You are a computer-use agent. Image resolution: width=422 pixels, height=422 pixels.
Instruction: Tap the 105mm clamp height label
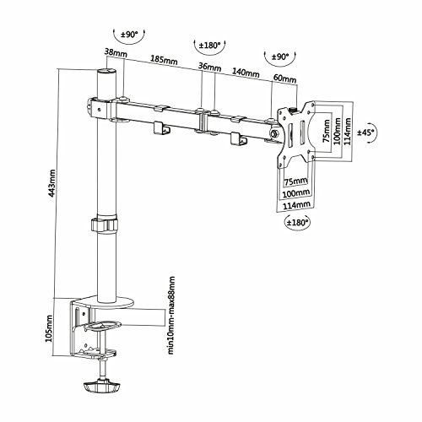pos(49,328)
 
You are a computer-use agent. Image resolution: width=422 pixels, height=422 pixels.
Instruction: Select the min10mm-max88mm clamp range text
pos(171,315)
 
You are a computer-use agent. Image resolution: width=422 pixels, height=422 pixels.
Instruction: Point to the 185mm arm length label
pos(164,59)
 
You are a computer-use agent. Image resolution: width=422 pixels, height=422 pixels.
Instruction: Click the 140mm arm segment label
pos(246,73)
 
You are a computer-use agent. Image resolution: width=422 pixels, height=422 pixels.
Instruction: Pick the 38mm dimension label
pos(116,52)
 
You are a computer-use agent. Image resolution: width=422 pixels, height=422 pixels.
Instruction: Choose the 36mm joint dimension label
pos(209,67)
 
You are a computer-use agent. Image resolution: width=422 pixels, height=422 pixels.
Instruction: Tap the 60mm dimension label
pos(285,78)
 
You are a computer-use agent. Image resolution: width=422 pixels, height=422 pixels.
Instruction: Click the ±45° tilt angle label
pos(366,132)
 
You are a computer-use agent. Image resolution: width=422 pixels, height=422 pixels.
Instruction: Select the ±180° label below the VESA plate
pos(297,223)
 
